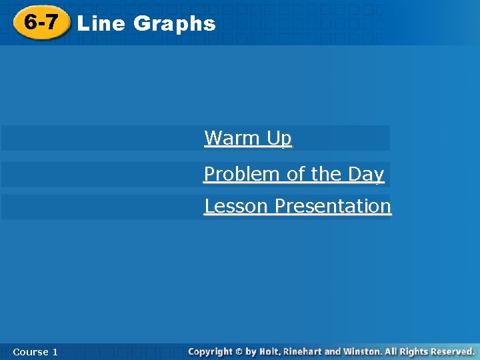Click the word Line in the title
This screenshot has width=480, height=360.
tap(101, 23)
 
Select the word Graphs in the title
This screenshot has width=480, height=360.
tap(174, 24)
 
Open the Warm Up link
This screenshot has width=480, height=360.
tap(247, 138)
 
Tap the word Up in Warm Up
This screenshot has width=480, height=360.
tap(279, 139)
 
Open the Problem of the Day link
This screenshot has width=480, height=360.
tap(293, 174)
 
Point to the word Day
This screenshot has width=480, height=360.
tap(366, 174)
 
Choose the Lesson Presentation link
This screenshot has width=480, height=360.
tap(297, 206)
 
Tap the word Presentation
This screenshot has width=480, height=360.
tap(333, 206)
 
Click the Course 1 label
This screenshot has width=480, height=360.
tap(35, 351)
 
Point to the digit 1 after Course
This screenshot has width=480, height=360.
tap(55, 351)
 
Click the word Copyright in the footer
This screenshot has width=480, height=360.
tap(210, 351)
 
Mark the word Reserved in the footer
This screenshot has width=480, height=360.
tap(451, 351)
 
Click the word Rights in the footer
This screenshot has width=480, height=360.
tap(414, 351)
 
